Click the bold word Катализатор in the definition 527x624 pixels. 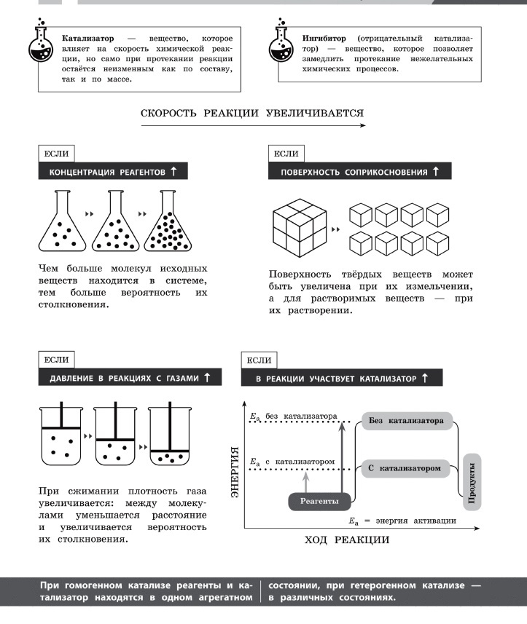(89, 37)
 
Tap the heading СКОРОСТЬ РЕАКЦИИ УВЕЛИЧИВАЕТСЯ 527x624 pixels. (252, 113)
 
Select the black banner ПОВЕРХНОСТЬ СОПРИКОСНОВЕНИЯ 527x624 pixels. (360, 172)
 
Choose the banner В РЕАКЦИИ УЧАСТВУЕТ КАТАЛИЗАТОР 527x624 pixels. (341, 379)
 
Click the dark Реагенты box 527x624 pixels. (319, 502)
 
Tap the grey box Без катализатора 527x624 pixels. (406, 421)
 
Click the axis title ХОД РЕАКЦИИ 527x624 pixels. (346, 540)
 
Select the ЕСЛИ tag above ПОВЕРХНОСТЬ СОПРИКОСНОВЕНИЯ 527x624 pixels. (286, 154)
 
